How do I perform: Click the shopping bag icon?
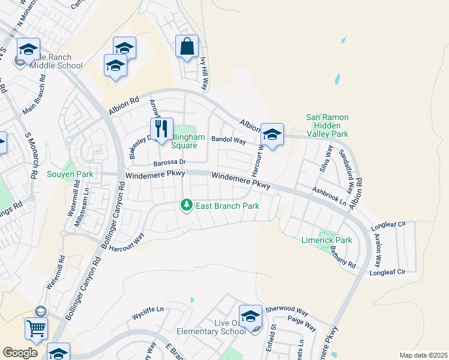coord(187,46)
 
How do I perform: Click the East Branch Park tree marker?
coord(187,206)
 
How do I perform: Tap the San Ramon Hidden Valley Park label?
coord(327,126)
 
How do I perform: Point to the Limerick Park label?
coord(326,240)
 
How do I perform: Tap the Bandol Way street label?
coord(229,141)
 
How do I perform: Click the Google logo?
coord(20,353)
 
